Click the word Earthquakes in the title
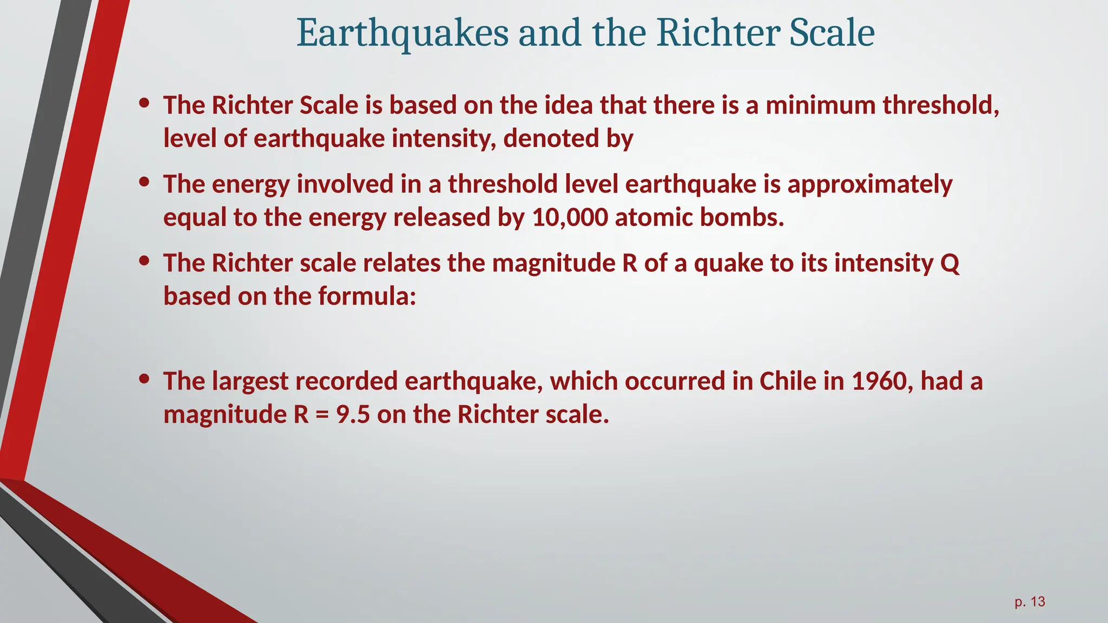pos(403,34)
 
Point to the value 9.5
pos(353,415)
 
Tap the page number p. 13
pos(1030,602)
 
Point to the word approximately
pos(869,184)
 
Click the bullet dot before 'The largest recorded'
pos(144,379)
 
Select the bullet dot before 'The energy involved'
pos(144,182)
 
